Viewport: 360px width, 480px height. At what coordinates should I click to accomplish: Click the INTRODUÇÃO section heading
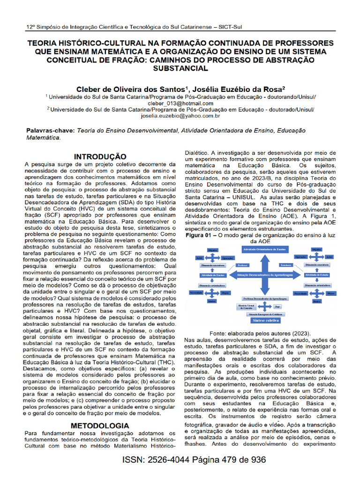coord(101,157)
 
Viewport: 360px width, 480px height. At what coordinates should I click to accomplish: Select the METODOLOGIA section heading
coord(99,426)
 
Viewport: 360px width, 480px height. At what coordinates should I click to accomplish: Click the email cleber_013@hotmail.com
coord(180,103)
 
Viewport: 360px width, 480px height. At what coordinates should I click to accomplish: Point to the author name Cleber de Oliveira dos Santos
coord(131,89)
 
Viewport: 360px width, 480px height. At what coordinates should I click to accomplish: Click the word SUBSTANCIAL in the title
coord(180,68)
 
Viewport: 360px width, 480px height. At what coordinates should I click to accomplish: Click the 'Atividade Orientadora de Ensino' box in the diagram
coord(265,250)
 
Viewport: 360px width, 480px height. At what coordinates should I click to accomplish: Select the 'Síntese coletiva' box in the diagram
coord(266,321)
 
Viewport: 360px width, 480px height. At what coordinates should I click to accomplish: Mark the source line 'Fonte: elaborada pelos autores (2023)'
coord(260,333)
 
